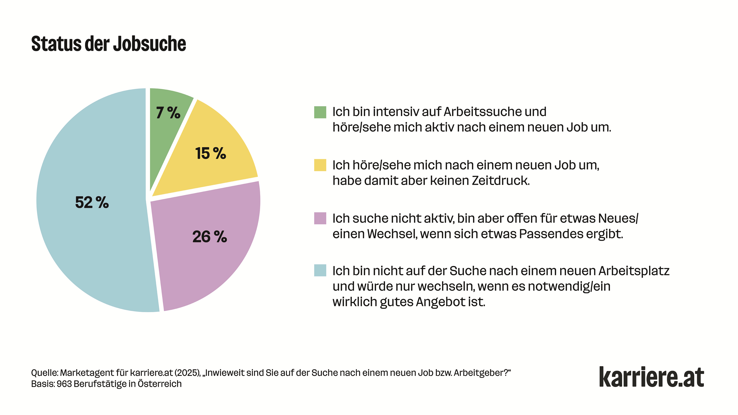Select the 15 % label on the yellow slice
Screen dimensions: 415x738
pyautogui.click(x=211, y=153)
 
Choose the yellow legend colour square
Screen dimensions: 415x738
pyautogui.click(x=320, y=165)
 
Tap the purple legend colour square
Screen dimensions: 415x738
pyautogui.click(x=320, y=218)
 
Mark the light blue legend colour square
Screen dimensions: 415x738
pyautogui.click(x=320, y=270)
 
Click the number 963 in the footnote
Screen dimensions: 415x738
pyautogui.click(x=64, y=384)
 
